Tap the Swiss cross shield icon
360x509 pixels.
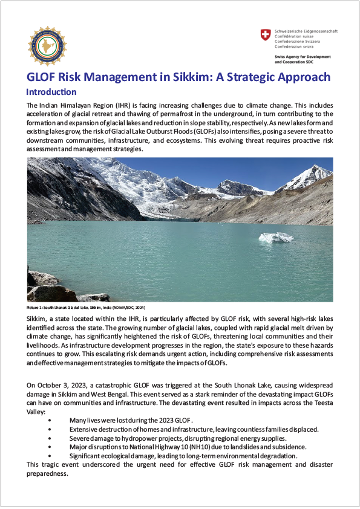266,35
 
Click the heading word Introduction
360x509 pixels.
51,92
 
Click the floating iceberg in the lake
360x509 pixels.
277,237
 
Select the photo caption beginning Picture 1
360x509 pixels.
87,308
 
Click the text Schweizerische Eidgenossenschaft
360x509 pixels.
306,30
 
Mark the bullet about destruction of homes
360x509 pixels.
194,429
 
